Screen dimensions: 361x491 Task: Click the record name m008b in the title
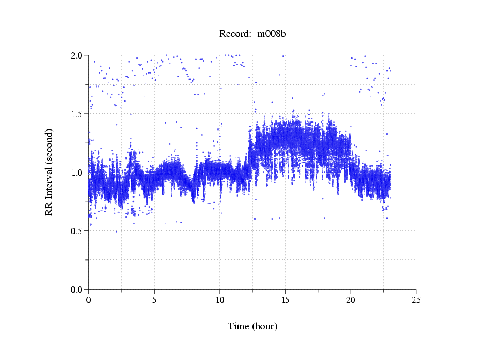click(272, 34)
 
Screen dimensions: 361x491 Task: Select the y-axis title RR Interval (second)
click(49, 172)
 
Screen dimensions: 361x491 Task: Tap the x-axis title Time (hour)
click(252, 326)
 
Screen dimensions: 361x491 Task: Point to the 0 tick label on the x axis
click(89, 300)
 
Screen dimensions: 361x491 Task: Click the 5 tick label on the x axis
click(154, 300)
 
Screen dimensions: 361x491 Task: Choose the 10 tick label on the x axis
click(220, 300)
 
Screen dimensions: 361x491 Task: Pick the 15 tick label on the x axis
click(285, 300)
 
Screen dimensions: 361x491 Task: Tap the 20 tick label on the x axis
click(351, 300)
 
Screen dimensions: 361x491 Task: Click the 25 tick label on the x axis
click(416, 300)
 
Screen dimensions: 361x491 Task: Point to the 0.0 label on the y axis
click(77, 290)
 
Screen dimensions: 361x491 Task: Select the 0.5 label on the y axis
click(77, 231)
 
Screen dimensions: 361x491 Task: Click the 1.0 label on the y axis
click(77, 172)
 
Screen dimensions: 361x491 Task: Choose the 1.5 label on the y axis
click(77, 114)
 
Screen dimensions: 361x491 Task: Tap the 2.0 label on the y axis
click(77, 55)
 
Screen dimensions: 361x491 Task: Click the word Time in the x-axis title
click(239, 326)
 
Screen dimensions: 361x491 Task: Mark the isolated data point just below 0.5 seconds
click(116, 232)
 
